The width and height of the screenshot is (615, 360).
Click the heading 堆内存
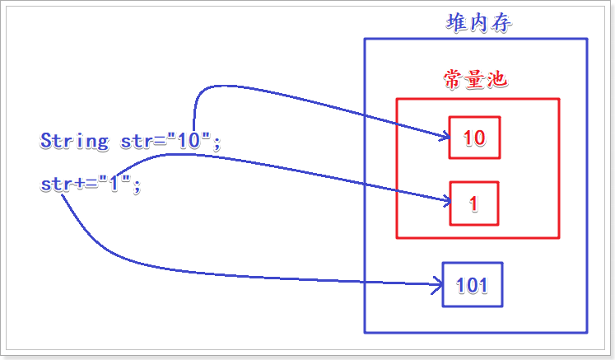[478, 22]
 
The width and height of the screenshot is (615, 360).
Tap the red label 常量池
[475, 79]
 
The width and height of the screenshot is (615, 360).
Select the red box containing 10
[474, 138]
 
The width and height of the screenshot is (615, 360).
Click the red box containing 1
[474, 203]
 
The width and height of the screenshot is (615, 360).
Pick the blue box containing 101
[472, 285]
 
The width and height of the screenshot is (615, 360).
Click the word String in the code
[74, 141]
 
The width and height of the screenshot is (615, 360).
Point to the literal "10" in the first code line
[189, 141]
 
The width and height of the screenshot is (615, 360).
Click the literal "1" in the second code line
[114, 185]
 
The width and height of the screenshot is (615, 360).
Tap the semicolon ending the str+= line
[137, 187]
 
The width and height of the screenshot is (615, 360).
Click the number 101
[472, 286]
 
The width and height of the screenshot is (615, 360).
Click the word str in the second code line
[54, 185]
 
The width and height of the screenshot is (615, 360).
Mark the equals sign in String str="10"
[160, 142]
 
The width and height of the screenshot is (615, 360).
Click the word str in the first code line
[136, 142]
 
